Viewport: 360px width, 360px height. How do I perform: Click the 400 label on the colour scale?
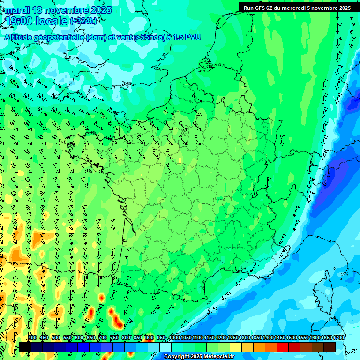32,337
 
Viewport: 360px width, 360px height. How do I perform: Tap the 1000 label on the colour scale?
174,337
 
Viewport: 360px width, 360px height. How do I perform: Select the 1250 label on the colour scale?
233,337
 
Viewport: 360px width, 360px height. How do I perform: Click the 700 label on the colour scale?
103,337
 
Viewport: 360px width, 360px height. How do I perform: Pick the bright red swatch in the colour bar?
283,347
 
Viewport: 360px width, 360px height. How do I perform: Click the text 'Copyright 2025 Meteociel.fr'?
199,357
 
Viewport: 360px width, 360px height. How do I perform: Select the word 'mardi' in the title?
15,10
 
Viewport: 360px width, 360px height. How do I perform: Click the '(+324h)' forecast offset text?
84,21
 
